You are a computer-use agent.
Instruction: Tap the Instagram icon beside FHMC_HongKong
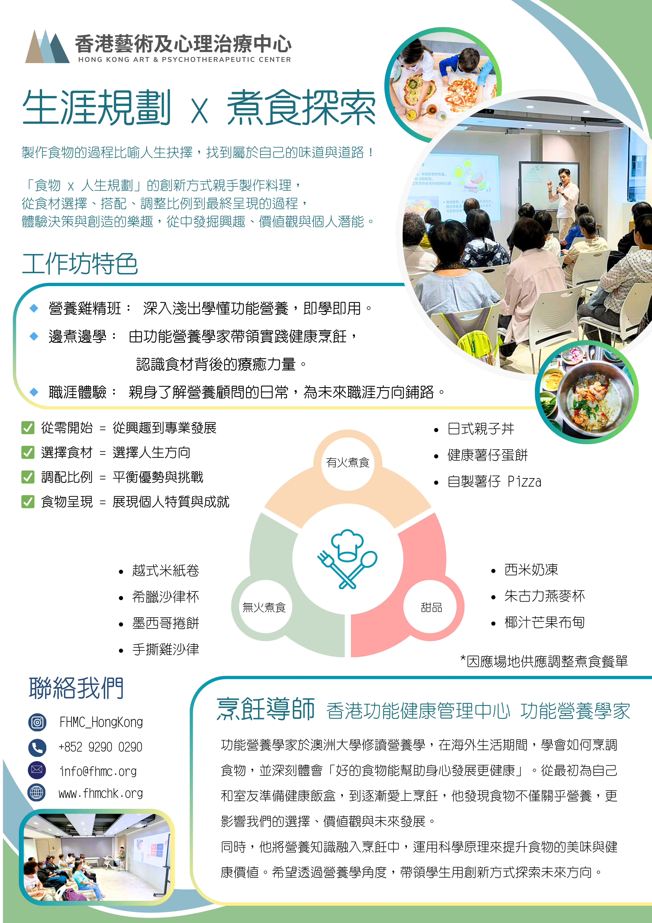37,722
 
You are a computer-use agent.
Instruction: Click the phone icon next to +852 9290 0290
37,747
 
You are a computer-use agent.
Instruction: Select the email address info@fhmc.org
98,771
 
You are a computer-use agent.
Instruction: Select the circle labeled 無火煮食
264,607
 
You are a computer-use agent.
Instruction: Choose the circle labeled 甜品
431,607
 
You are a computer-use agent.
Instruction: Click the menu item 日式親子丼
481,429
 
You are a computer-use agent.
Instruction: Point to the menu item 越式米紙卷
166,570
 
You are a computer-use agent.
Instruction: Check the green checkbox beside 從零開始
28,428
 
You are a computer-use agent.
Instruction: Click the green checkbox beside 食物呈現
28,502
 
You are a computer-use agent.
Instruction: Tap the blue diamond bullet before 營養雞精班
34,308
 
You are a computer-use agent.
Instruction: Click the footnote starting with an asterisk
544,661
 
